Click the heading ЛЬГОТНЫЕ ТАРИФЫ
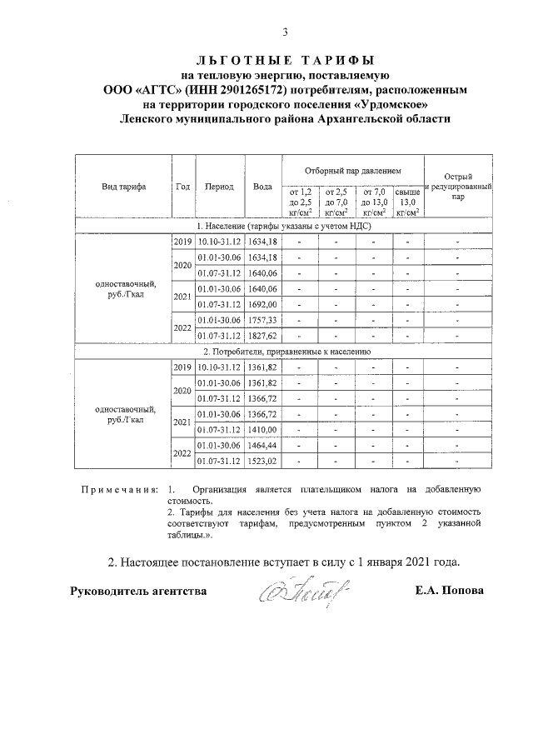(x=284, y=61)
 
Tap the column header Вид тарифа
(x=124, y=187)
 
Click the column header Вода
(x=262, y=187)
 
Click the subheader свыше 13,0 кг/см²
(x=407, y=202)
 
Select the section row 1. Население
(x=284, y=226)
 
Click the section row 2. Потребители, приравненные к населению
(x=284, y=352)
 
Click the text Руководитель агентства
(x=137, y=592)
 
